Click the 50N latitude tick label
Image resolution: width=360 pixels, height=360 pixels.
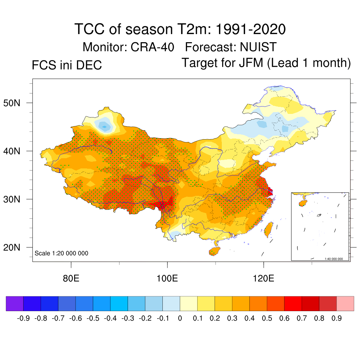coord(15,103)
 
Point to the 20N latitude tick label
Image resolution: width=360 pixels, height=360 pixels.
coord(15,247)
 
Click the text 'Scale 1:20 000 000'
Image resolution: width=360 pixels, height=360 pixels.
coord(62,253)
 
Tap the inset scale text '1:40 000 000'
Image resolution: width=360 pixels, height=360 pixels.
coord(336,259)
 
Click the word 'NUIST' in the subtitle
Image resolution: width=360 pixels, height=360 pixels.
coord(258,47)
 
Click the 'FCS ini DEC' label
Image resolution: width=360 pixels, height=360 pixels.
coord(67,65)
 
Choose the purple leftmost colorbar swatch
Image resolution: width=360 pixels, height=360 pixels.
coord(15,303)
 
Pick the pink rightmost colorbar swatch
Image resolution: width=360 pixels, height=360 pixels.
coord(345,303)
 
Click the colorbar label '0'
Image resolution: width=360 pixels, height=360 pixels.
coord(180,319)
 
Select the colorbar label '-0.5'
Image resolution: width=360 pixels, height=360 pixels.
coord(93,319)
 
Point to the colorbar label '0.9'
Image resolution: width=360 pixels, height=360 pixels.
coord(337,319)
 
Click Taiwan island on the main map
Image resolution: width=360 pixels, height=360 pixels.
coord(268,230)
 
